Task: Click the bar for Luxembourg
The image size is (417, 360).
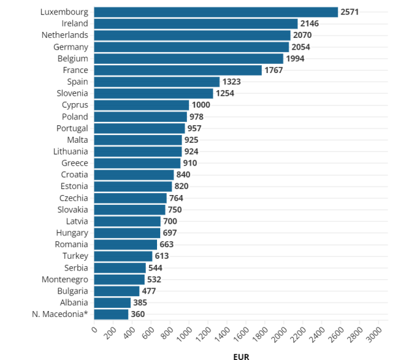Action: (216, 12)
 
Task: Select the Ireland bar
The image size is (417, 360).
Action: (195, 23)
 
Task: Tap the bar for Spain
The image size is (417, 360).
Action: (156, 82)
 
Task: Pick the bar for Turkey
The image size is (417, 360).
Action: (123, 256)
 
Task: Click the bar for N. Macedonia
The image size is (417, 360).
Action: (111, 314)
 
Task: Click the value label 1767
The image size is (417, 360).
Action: (274, 70)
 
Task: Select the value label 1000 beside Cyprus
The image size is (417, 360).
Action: (201, 105)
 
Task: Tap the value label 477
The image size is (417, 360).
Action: (149, 291)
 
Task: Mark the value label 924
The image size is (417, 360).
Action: (192, 151)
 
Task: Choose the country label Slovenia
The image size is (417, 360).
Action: (72, 93)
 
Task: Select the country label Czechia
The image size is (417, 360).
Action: (74, 198)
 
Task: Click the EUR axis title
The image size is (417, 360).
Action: (241, 356)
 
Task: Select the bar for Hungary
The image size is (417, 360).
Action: (127, 233)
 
